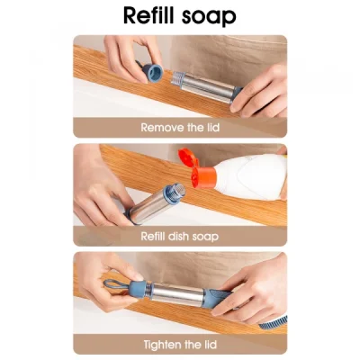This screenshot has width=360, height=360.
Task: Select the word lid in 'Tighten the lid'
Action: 210,345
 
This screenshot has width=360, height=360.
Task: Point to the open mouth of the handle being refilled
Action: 176,190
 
